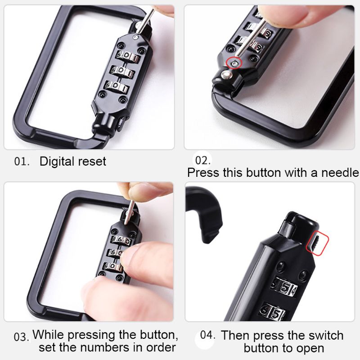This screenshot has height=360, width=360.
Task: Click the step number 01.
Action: pyautogui.click(x=22, y=162)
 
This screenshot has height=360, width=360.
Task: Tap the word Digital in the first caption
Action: pyautogui.click(x=57, y=162)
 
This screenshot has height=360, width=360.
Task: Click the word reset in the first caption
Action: pyautogui.click(x=92, y=162)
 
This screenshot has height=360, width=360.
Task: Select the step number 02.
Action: pyautogui.click(x=202, y=160)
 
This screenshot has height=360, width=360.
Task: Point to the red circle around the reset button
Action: pyautogui.click(x=234, y=63)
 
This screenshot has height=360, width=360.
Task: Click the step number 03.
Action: pyautogui.click(x=21, y=337)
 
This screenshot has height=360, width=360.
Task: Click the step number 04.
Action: pyautogui.click(x=207, y=335)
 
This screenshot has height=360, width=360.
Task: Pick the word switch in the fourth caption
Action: pyautogui.click(x=326, y=335)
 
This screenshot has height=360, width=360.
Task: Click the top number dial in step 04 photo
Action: pyautogui.click(x=284, y=288)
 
